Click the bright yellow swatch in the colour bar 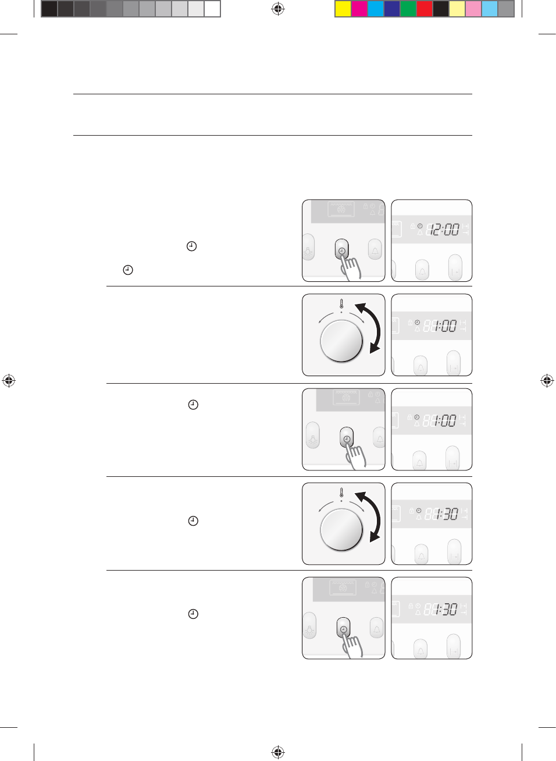(343, 9)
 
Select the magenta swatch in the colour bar (359, 9)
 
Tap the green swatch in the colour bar (408, 9)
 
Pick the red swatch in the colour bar (425, 9)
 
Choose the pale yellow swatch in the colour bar (457, 9)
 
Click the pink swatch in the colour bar (473, 9)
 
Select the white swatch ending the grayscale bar (212, 9)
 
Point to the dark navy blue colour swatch (392, 9)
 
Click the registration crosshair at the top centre (278, 9)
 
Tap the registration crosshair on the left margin (9, 380)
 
